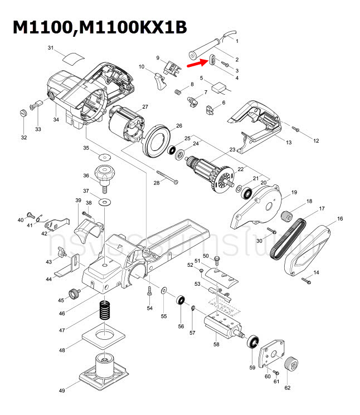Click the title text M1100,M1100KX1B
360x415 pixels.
pos(100,28)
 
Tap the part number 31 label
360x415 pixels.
pos(50,49)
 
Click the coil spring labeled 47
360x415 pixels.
pos(104,310)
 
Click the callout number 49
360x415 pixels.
pos(62,391)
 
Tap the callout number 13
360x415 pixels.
pos(289,143)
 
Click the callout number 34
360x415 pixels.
pos(56,119)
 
